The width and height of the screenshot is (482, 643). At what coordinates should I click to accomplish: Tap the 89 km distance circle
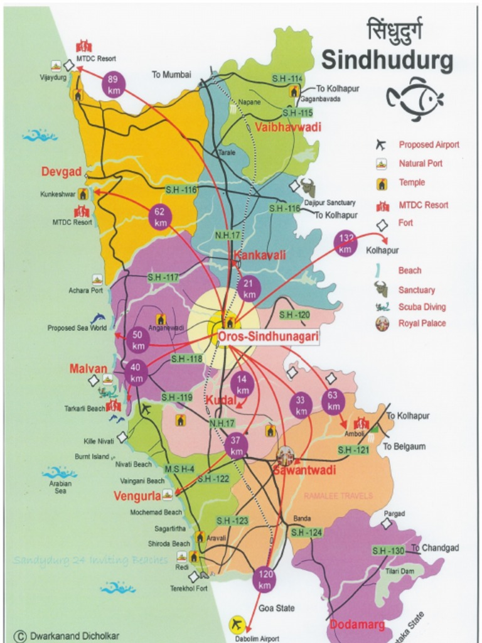[x=113, y=84]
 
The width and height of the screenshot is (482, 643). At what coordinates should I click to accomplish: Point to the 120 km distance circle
[x=265, y=579]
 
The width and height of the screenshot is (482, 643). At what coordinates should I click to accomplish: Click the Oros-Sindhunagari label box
[x=269, y=337]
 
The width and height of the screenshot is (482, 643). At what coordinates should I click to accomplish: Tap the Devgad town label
[x=62, y=171]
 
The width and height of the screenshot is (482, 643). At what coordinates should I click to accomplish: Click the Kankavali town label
[x=260, y=255]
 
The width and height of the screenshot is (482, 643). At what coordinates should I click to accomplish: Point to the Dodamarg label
[x=357, y=625]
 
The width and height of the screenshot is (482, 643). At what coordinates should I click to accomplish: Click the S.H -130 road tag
[x=388, y=551]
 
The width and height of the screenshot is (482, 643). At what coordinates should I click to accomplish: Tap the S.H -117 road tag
[x=163, y=277]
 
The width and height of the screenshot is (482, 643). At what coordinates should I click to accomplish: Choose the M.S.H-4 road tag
[x=179, y=469]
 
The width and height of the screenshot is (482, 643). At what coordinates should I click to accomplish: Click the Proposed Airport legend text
[x=429, y=144]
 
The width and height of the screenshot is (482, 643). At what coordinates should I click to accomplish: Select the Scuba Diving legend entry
[x=422, y=307]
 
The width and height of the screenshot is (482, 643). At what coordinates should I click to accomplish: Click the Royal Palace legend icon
[x=382, y=324]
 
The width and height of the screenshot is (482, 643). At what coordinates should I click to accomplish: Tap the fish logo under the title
[x=415, y=98]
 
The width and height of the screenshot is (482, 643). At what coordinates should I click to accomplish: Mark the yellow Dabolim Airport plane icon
[x=237, y=624]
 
